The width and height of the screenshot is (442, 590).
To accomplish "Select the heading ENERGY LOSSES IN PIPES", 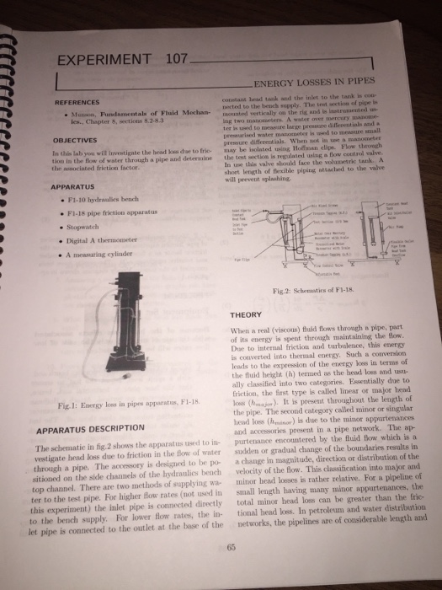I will (x=313, y=83).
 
